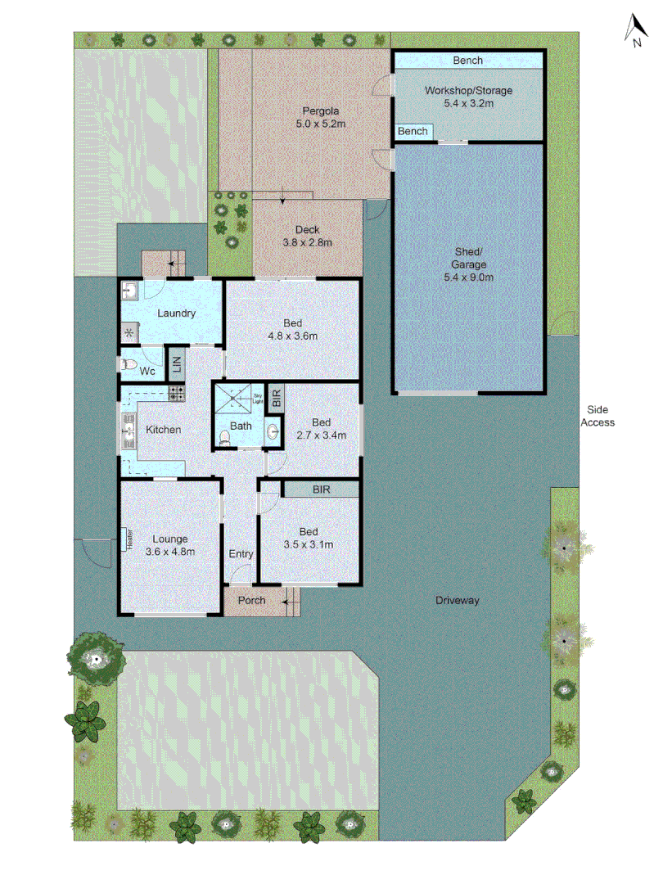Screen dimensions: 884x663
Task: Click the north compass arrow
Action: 634,29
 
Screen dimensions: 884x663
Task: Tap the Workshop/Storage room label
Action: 468,91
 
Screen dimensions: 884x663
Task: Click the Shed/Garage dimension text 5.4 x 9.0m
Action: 469,277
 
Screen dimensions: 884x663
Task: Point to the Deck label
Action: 308,230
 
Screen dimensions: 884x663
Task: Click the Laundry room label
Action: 176,313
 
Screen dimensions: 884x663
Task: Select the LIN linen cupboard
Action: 175,363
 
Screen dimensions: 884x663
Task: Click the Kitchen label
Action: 164,430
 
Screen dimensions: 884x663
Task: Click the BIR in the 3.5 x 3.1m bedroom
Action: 320,489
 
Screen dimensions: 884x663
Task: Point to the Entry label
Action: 241,554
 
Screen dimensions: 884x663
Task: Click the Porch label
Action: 251,601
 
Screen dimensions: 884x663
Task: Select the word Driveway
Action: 458,601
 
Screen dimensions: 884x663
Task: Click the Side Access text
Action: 597,416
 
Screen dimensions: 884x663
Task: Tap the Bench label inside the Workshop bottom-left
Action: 413,132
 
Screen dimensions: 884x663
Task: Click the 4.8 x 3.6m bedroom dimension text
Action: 292,336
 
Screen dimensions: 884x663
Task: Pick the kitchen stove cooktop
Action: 177,394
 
